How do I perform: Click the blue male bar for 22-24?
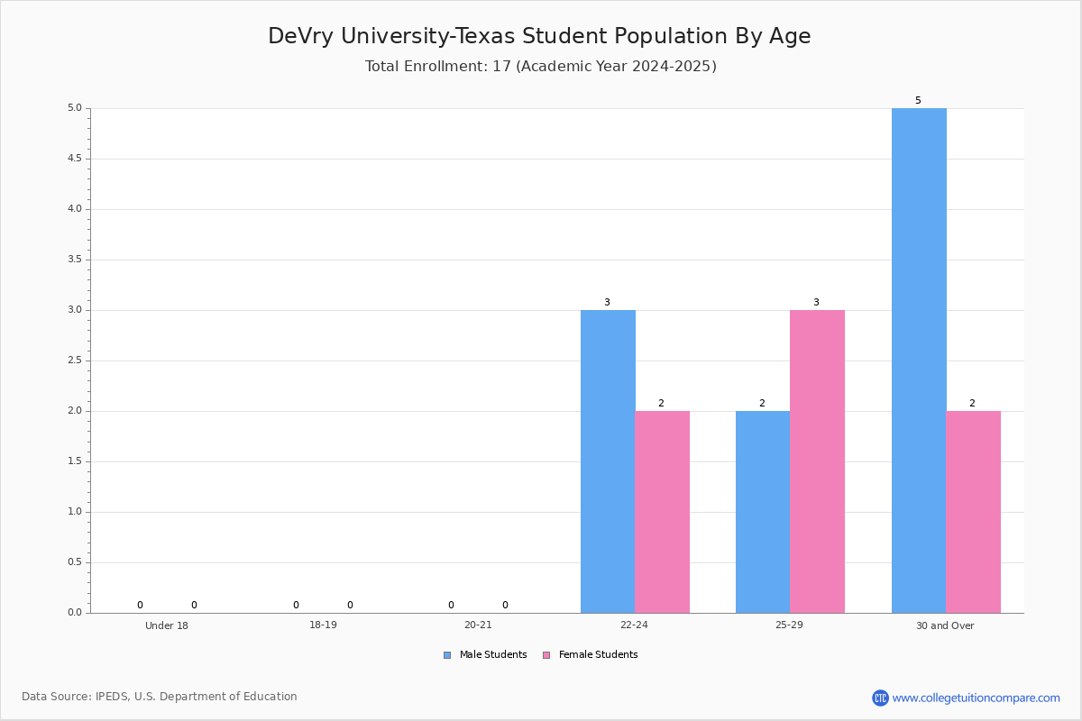(x=608, y=461)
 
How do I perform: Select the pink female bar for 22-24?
(x=662, y=512)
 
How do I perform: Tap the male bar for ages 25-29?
(x=763, y=512)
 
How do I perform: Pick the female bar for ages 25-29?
(x=817, y=461)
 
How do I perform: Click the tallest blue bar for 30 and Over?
(x=919, y=360)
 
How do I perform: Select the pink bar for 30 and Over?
(x=973, y=512)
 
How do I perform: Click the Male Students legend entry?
(x=485, y=654)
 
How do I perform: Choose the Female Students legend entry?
(x=591, y=654)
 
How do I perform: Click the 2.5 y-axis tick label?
(x=75, y=360)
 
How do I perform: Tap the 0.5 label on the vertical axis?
(x=75, y=562)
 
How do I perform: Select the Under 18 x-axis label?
(x=167, y=625)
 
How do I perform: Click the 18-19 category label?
(x=323, y=625)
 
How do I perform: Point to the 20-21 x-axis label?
(x=478, y=625)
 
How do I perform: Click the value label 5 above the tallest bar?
(x=918, y=100)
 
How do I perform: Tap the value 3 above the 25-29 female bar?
(x=816, y=302)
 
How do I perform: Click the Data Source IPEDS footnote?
(x=160, y=697)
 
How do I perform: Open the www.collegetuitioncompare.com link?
(x=976, y=698)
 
